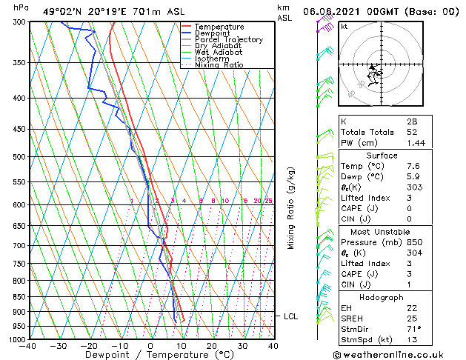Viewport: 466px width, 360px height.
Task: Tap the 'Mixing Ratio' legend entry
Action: (x=219, y=65)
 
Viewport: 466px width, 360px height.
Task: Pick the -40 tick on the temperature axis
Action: (x=29, y=346)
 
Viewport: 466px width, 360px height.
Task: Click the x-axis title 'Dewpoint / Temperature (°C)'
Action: (x=151, y=355)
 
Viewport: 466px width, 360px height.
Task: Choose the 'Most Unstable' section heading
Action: (x=377, y=231)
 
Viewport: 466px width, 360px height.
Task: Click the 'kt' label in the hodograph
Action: (x=344, y=26)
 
